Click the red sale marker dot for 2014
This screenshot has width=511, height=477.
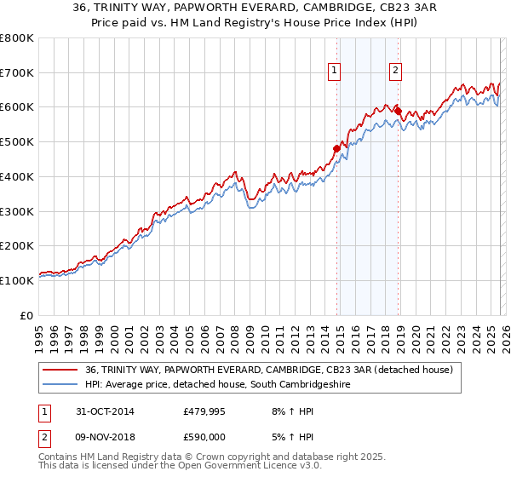pos(336,148)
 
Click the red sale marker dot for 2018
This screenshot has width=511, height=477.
pos(398,111)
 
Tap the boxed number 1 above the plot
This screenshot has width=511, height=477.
pos(334,71)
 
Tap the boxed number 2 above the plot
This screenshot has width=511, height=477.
pos(396,71)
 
